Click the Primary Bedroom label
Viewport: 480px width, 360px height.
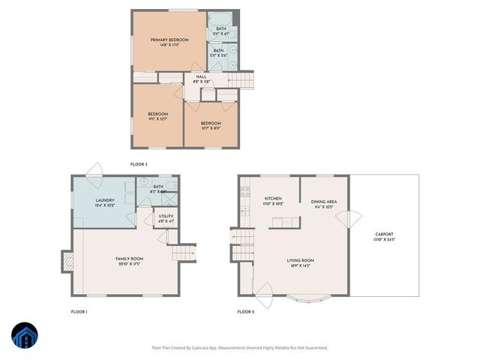tap(169, 42)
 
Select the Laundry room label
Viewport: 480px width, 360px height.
tap(105, 202)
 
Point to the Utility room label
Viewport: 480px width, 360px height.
tap(166, 217)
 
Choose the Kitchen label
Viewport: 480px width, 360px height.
tap(272, 200)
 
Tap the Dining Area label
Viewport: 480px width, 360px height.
tap(324, 203)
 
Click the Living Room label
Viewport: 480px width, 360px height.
tap(300, 263)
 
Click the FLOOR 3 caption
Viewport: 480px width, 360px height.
tap(139, 163)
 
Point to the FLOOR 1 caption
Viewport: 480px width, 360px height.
tap(79, 311)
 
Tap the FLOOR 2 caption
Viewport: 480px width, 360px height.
tap(246, 311)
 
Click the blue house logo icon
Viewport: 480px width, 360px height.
tap(24, 336)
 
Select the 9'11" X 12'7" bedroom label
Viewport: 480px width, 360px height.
tap(157, 116)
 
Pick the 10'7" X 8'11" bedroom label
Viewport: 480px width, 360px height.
tap(211, 125)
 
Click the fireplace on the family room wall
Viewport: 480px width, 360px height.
tap(67, 260)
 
